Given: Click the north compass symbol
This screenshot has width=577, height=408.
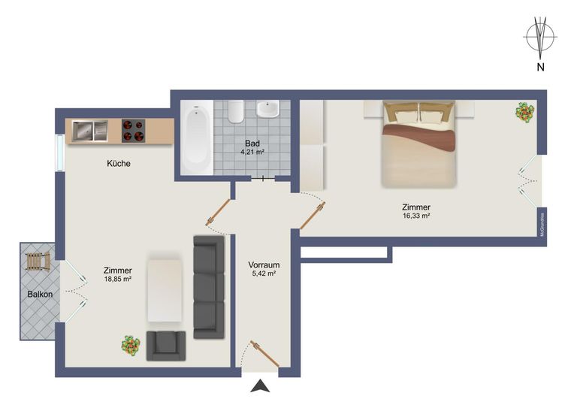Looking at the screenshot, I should tap(539, 37).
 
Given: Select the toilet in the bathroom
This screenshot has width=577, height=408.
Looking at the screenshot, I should tap(236, 113).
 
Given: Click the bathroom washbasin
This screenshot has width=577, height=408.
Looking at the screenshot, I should tap(268, 110).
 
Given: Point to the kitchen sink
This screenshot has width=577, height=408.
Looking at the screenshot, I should tap(90, 131).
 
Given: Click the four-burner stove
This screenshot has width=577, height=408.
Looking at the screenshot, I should tap(134, 131).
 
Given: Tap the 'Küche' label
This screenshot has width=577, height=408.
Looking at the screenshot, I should tap(119, 163).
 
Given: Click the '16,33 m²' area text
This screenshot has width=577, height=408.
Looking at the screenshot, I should tap(415, 216).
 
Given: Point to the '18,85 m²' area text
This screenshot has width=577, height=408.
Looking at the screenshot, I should tap(118, 280).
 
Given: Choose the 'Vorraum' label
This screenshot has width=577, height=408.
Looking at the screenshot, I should tap(264, 265).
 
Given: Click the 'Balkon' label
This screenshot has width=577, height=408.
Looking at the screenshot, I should tap(40, 295).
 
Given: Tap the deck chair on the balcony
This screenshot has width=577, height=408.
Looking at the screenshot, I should tap(37, 263).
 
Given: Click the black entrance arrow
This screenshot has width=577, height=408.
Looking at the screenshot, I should tap(260, 387).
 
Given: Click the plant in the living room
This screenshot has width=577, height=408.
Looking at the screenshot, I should tap(131, 346).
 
